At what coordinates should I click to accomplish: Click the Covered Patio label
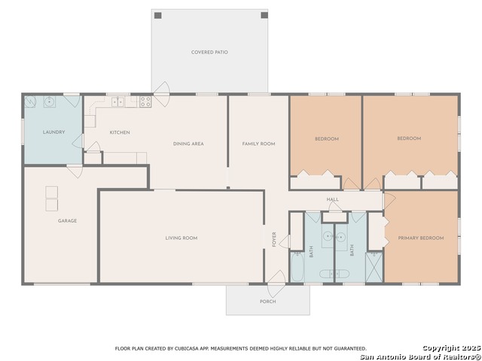(x=209, y=52)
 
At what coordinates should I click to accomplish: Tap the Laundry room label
(x=53, y=132)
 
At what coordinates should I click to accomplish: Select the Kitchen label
(x=120, y=132)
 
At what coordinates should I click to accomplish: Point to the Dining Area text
(x=188, y=144)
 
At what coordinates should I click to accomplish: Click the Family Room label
(x=258, y=144)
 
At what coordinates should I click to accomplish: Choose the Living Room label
(x=182, y=238)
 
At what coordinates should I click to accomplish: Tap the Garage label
(x=67, y=220)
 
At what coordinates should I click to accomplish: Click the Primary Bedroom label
(x=421, y=238)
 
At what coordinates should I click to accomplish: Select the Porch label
(x=268, y=302)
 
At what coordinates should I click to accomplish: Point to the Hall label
(x=333, y=199)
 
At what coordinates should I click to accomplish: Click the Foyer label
(x=274, y=239)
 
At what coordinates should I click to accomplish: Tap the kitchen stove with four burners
(x=145, y=102)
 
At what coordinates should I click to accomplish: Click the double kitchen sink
(x=117, y=102)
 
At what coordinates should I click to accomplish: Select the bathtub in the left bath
(x=297, y=266)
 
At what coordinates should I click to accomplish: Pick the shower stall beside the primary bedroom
(x=374, y=266)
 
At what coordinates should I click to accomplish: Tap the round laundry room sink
(x=49, y=102)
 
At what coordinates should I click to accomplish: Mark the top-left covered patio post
(x=157, y=15)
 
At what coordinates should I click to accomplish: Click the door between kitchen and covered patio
(x=162, y=94)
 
